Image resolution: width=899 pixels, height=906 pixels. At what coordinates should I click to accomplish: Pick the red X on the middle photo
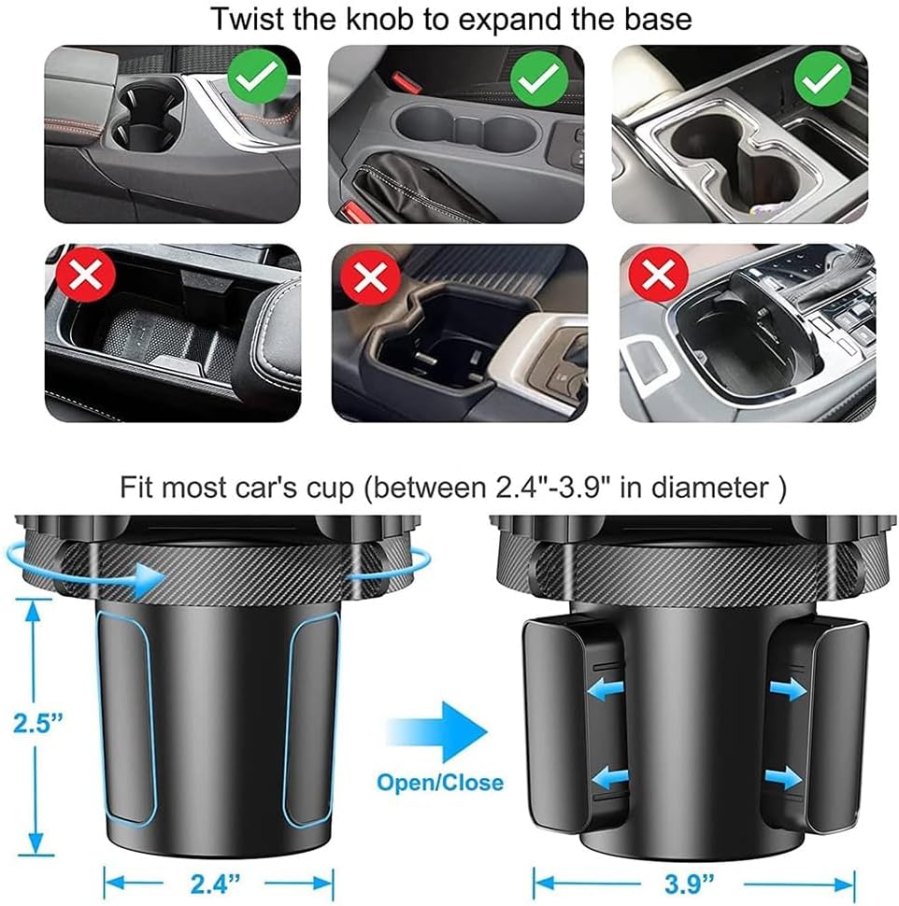pos(372,276)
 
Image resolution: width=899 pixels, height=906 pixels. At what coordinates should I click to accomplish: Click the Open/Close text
pos(440,782)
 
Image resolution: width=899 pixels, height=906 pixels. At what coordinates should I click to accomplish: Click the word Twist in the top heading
pos(243,19)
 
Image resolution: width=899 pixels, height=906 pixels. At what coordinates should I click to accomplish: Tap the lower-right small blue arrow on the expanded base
pos(785,777)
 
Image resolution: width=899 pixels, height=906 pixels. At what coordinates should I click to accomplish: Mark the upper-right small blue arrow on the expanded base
pos(785,689)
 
